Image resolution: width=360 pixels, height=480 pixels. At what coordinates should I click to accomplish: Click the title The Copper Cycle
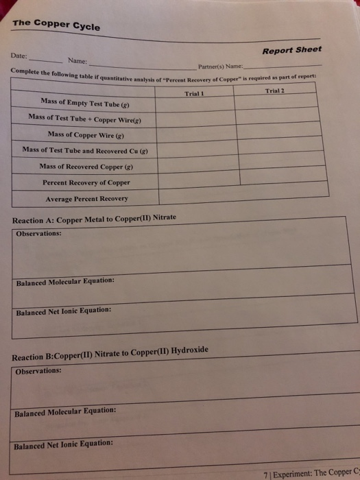[x=56, y=25]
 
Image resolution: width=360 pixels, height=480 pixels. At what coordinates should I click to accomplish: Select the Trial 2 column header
[x=276, y=91]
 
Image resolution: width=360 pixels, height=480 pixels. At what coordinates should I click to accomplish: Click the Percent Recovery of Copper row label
[x=86, y=182]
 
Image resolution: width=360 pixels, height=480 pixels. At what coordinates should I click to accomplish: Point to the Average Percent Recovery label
[x=86, y=199]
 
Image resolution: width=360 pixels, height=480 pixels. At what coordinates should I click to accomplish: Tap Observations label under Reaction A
[x=38, y=233]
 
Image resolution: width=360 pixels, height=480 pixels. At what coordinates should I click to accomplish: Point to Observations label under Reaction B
[x=38, y=371]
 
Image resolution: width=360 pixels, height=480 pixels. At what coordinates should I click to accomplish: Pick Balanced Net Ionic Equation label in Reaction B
[x=64, y=444]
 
